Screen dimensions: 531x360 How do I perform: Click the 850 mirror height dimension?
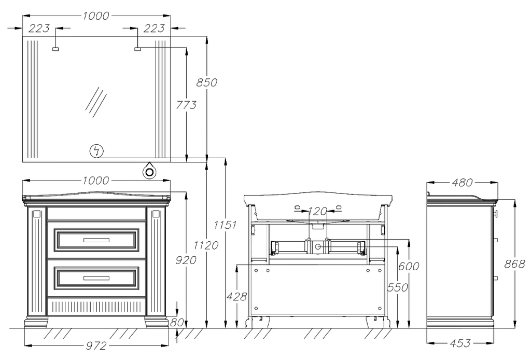click(206, 82)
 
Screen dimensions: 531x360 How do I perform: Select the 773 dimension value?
click(186, 105)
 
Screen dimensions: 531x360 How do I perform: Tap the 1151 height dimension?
click(225, 225)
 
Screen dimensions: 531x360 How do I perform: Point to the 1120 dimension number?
click(206, 245)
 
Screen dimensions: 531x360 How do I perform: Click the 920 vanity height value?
click(186, 260)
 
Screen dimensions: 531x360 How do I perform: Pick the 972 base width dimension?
click(96, 346)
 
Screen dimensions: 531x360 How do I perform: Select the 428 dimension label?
click(236, 297)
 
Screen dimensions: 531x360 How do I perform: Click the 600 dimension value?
click(409, 266)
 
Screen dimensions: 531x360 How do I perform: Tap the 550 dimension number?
click(398, 287)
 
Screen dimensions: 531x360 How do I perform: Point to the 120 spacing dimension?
click(318, 212)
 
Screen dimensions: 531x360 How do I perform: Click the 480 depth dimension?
click(462, 183)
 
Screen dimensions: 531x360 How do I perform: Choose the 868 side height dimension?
click(514, 264)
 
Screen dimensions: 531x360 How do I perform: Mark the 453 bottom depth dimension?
click(460, 343)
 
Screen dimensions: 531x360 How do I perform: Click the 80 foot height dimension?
click(177, 323)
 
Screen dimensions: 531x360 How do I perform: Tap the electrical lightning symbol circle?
click(97, 151)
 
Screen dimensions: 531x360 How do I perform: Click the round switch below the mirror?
click(149, 171)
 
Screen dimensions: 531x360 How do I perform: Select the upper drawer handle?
click(96, 240)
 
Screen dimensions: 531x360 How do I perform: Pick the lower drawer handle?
click(96, 279)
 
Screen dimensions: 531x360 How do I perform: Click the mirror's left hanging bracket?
click(55, 49)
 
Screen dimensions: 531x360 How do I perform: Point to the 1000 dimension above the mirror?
click(96, 16)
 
